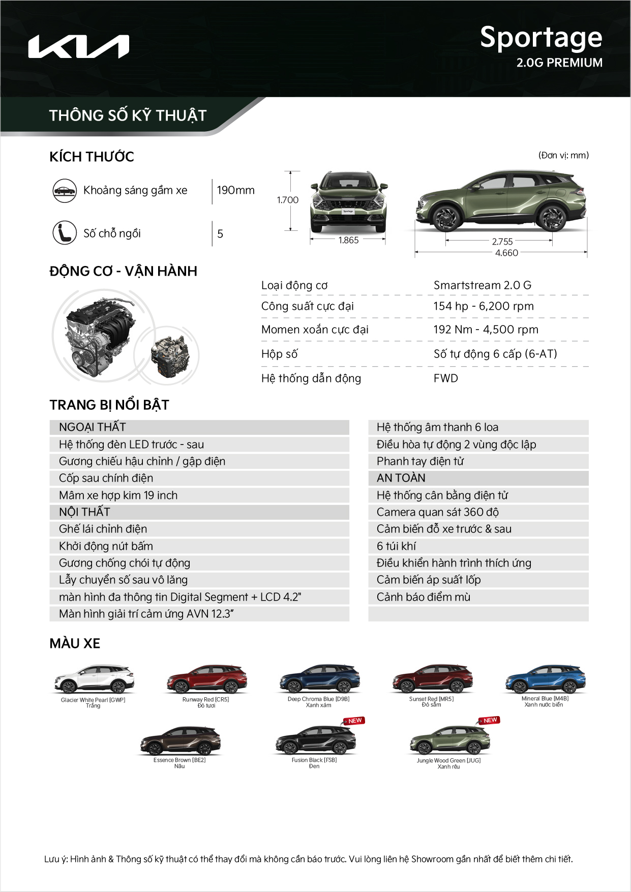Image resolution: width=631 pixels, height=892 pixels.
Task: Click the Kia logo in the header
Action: tap(78, 47)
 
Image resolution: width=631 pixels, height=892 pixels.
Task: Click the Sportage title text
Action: tap(541, 38)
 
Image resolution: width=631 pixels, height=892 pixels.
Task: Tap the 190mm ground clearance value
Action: tap(235, 190)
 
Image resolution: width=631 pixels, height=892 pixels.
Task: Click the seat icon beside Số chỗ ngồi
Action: tap(65, 233)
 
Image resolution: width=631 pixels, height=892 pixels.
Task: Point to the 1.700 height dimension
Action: tap(287, 200)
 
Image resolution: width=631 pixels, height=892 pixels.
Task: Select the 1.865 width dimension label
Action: tap(348, 240)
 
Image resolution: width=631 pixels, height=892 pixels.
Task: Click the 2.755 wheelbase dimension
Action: tap(502, 242)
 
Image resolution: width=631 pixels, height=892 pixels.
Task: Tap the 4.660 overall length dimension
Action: tap(506, 253)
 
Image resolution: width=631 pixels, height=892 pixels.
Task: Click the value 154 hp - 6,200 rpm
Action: tap(483, 306)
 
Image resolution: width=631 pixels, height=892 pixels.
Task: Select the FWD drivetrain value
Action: tap(445, 378)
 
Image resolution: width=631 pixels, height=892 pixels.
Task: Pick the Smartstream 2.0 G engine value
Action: tap(482, 285)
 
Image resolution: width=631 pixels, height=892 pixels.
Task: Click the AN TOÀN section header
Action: tap(401, 478)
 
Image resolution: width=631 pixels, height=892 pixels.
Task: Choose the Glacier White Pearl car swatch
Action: tap(94, 679)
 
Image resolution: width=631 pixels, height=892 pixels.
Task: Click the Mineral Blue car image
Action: tap(545, 679)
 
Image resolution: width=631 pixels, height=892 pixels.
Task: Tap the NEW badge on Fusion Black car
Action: tap(354, 721)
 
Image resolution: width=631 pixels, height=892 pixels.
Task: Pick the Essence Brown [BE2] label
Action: tap(179, 760)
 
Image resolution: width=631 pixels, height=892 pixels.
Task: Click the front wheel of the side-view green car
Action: tap(446, 218)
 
